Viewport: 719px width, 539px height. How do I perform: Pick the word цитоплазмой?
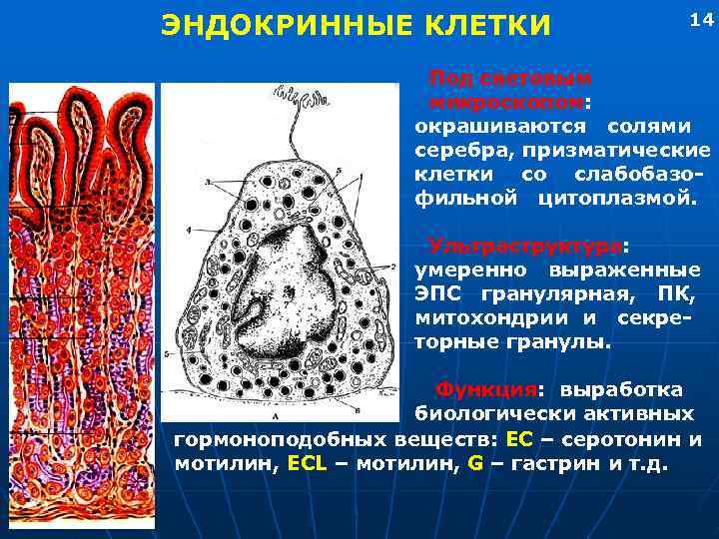tap(613, 197)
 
